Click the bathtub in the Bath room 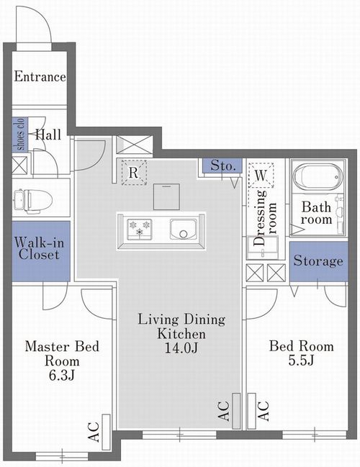[x=318, y=177]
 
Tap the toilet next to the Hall [x=33, y=201]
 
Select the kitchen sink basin [x=184, y=230]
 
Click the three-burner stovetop [x=140, y=229]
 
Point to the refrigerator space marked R [x=134, y=173]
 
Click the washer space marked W [x=261, y=175]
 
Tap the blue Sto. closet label [x=222, y=166]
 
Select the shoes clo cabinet [x=19, y=135]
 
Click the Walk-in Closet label [x=39, y=248]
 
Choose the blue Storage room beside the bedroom [x=318, y=261]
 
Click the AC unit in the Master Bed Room [x=106, y=432]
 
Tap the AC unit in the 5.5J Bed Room [x=252, y=412]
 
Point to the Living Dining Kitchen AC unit [x=236, y=412]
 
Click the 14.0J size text [x=181, y=348]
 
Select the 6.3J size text [x=62, y=376]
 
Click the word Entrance [x=40, y=76]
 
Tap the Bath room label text [x=316, y=213]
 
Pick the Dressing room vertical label [x=265, y=218]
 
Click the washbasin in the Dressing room [x=263, y=248]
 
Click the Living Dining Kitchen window [x=179, y=435]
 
